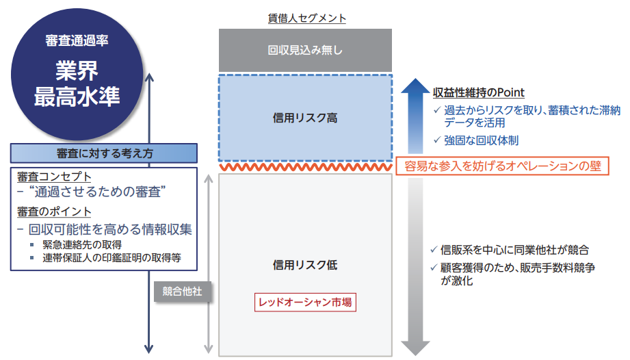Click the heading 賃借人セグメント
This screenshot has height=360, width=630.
click(306, 18)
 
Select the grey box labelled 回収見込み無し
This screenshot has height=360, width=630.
click(305, 50)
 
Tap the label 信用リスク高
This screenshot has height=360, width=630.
click(305, 118)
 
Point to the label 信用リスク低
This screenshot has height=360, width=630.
click(305, 265)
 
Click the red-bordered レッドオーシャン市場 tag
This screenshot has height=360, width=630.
click(305, 301)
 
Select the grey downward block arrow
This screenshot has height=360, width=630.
click(414, 267)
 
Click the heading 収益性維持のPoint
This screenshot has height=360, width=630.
click(479, 93)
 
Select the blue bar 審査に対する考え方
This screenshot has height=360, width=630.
click(104, 153)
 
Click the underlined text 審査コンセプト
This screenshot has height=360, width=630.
click(54, 177)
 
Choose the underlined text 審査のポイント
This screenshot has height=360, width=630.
click(54, 211)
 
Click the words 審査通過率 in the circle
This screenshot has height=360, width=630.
click(77, 40)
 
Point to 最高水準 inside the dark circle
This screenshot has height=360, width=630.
click(77, 97)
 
